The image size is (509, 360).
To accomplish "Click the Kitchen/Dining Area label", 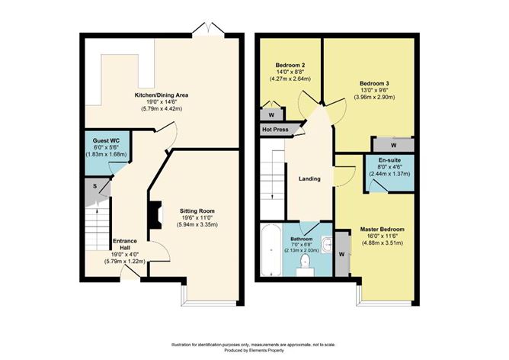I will (x=161, y=95).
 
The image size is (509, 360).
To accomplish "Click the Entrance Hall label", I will (x=123, y=243).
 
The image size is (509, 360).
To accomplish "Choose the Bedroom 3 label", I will (x=370, y=83).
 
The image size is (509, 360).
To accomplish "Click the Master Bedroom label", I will (x=382, y=229).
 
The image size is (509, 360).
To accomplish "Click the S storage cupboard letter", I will (x=94, y=185).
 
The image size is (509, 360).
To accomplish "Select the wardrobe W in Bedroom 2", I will (x=271, y=114).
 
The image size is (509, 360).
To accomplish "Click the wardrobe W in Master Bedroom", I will (x=341, y=255).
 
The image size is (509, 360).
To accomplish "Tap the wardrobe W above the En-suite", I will (x=393, y=144).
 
